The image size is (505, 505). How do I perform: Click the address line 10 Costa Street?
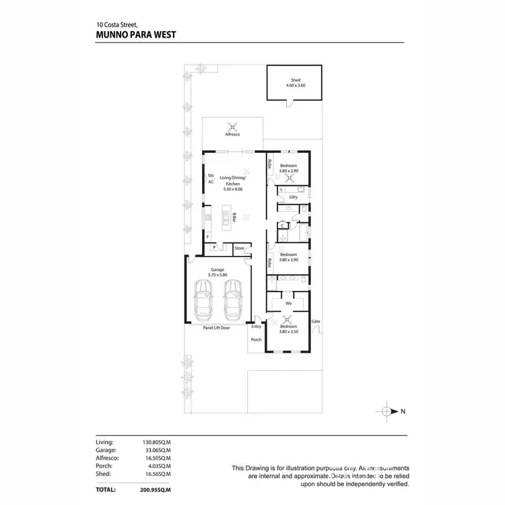(x=119, y=26)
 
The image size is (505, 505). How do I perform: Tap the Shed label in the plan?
(x=295, y=80)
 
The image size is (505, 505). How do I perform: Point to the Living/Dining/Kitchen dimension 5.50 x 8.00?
(x=233, y=189)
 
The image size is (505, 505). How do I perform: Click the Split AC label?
(x=211, y=179)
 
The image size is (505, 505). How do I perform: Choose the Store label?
(x=239, y=248)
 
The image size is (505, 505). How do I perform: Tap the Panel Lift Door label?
(x=217, y=328)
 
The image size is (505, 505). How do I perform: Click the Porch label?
(x=256, y=339)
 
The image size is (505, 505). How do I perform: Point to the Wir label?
(x=288, y=304)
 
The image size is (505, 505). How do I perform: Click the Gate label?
(x=316, y=321)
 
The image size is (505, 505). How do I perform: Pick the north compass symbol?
(x=386, y=411)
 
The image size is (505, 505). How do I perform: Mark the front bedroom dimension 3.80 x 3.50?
(x=288, y=332)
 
